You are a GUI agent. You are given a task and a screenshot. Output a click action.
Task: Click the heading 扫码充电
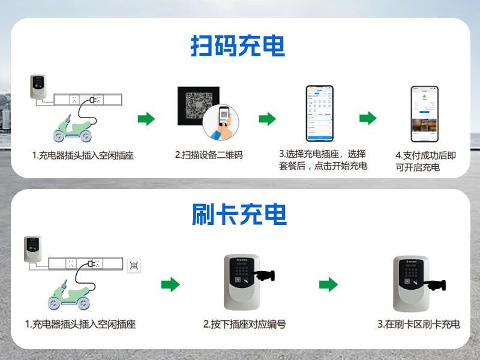pos(238,46)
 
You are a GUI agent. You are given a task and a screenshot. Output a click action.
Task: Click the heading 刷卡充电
pos(239,214)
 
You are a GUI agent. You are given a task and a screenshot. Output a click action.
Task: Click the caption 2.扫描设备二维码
pos(209,155)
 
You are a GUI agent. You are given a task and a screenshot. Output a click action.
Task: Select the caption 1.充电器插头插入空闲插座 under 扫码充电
pos(83,155)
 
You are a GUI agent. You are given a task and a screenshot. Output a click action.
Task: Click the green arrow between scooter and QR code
pos(146,118)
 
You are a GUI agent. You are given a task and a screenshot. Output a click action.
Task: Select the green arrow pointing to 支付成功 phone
pos(368,118)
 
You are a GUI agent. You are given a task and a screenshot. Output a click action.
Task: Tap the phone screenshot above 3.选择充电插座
pos(320,113)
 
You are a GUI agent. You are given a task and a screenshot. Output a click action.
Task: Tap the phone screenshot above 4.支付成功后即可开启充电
pos(425,114)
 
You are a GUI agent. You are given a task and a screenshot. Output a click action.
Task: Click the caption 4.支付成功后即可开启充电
pos(425,161)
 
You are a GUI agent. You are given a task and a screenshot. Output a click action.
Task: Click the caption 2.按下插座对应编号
pos(244,325)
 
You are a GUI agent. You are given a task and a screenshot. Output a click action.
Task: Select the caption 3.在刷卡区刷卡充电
pos(419,325)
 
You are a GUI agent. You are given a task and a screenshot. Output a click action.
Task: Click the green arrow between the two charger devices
pos(328,284)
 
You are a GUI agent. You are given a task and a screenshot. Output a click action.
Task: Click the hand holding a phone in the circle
pos(221,124)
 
